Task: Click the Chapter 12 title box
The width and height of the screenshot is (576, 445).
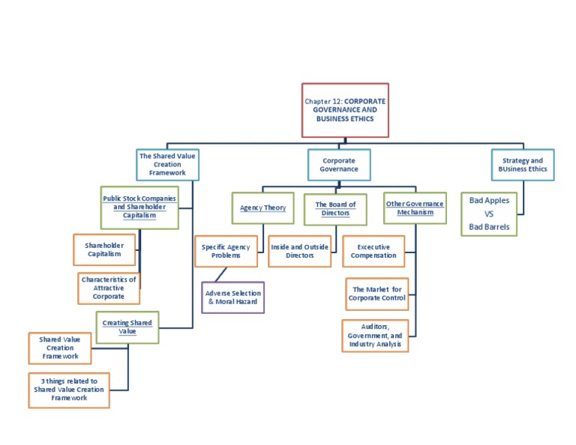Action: point(345,110)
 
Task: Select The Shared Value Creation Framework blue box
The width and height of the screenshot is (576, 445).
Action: point(167,164)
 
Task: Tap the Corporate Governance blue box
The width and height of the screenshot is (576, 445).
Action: point(339,165)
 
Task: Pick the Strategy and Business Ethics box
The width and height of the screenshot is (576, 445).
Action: point(523,165)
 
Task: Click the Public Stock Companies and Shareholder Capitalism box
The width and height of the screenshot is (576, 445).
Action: point(139,207)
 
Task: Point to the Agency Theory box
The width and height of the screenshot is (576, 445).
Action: point(262,208)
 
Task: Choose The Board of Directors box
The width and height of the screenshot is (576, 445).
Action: point(335,208)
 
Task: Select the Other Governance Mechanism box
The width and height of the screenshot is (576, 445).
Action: point(414,208)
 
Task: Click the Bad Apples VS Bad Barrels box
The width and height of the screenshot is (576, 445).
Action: point(489,214)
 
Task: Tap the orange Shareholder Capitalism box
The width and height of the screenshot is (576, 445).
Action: point(104,249)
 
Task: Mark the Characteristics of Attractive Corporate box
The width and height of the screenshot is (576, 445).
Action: point(109,288)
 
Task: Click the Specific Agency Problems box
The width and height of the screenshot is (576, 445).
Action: point(226,251)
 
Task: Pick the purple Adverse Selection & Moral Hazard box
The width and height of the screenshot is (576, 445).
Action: point(233,297)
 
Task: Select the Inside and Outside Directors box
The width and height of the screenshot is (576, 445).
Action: point(299,251)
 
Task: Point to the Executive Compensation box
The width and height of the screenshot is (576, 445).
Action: point(373,251)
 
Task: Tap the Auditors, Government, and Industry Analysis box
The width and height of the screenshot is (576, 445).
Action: point(375,336)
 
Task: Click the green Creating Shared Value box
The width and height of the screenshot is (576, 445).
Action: point(127,327)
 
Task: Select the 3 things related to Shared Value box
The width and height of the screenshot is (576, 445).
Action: point(69,390)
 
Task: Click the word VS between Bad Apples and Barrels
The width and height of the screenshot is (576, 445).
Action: point(489,214)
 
